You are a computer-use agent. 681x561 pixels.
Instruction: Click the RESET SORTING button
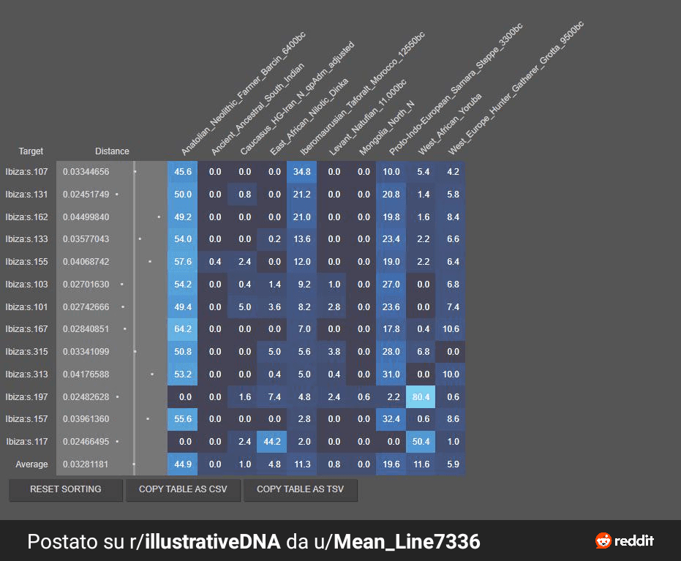(66, 489)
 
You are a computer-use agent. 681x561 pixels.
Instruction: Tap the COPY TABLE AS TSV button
(301, 489)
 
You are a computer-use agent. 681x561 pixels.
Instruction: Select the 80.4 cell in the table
(424, 396)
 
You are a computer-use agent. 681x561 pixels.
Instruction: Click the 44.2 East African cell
(274, 442)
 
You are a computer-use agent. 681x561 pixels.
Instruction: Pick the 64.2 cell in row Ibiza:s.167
(183, 329)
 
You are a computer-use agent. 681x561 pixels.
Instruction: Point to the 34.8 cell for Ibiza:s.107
(302, 172)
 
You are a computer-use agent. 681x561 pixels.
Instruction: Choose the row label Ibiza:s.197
(26, 396)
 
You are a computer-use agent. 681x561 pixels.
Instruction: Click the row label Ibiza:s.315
(26, 352)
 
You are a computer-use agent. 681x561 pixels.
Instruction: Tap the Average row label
(31, 464)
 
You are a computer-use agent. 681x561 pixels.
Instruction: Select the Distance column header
(112, 151)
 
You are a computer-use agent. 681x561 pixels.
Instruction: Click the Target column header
(31, 151)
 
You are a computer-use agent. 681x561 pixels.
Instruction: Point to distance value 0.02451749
(86, 195)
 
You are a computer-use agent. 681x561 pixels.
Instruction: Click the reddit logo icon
(603, 541)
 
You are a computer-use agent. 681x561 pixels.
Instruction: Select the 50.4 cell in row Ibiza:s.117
(424, 442)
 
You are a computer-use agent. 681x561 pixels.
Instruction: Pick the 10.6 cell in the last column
(452, 329)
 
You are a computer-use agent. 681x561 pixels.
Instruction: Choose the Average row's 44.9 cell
(183, 464)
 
